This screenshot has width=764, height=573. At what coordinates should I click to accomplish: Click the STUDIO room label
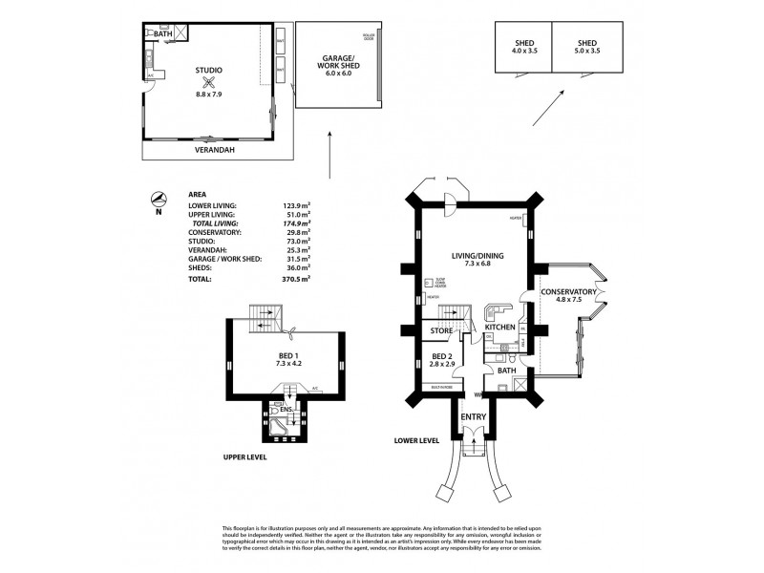click(209, 70)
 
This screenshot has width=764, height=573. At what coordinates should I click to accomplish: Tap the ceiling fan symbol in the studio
click(209, 82)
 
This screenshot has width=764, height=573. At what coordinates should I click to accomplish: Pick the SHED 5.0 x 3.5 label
click(587, 47)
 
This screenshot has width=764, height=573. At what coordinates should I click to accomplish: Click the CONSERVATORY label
click(568, 292)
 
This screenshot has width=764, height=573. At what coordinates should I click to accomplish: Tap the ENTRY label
click(473, 417)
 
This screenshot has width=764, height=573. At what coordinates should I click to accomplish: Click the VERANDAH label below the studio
click(216, 150)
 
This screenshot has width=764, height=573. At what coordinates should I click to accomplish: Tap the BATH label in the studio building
click(162, 33)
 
